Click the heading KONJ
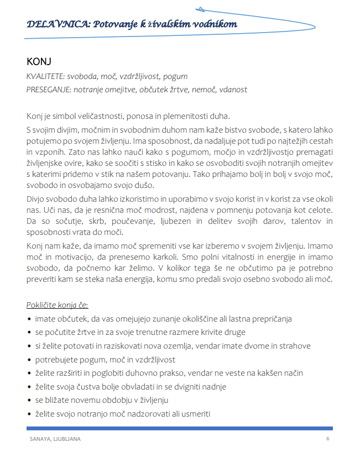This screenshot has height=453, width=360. pyautogui.click(x=39, y=61)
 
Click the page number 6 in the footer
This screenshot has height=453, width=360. pyautogui.click(x=328, y=439)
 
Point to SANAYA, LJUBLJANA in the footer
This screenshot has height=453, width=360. pyautogui.click(x=55, y=439)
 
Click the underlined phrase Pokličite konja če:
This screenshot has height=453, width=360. pyautogui.click(x=57, y=305)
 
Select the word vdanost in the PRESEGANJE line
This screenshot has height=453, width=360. pyautogui.click(x=233, y=89)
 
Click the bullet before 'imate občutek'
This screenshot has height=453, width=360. pyautogui.click(x=29, y=319)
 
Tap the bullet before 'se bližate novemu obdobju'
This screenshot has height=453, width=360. pyautogui.click(x=29, y=401)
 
